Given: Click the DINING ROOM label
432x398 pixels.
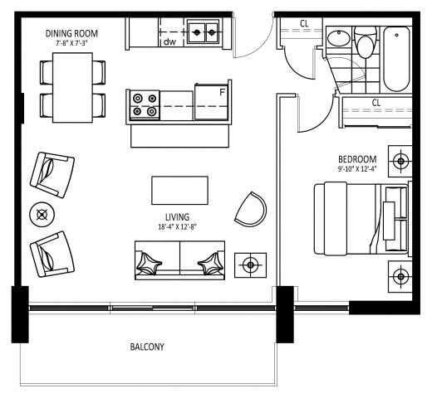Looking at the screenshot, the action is [71, 33].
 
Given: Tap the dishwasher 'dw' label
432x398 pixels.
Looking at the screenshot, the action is [169, 42].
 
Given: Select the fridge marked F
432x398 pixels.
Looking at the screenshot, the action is [211, 102].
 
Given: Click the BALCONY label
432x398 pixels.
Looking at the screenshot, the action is [147, 347].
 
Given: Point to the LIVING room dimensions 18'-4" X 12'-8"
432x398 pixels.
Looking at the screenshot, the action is [177, 227].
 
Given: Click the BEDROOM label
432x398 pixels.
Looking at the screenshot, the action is [357, 159].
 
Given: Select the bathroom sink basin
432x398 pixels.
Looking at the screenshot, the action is [338, 37].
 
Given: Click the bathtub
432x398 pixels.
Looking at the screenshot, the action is [396, 59].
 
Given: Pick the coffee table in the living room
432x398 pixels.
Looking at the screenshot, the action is [179, 190].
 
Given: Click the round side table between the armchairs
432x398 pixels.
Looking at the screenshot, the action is [42, 215].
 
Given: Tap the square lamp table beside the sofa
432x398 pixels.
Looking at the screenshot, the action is [250, 265].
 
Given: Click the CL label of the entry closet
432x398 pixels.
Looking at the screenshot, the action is [304, 24].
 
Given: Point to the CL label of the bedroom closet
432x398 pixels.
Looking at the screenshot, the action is [376, 103].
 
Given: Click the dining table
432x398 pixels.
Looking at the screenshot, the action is [72, 88].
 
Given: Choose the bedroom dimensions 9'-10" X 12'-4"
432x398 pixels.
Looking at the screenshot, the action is [357, 169].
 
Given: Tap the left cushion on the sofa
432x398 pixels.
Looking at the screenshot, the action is [148, 264].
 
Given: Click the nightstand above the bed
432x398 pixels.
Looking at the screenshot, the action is [400, 161].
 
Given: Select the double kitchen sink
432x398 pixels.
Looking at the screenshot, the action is [204, 32].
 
